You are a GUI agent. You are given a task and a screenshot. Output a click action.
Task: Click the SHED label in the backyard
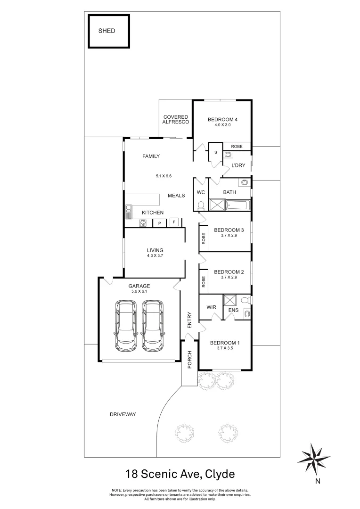(x=106, y=31)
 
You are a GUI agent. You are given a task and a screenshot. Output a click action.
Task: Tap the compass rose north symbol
(x=314, y=459)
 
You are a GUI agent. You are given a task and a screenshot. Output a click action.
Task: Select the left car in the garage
(x=126, y=327)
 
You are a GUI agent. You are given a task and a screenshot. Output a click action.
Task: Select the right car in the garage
(x=153, y=327)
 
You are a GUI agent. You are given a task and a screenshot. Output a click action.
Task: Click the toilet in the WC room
(x=201, y=205)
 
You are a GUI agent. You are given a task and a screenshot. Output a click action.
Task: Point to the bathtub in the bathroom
(x=238, y=205)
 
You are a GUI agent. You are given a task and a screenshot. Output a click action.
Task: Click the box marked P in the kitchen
(x=160, y=223)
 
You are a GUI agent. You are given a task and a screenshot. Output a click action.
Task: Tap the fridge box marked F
(x=174, y=222)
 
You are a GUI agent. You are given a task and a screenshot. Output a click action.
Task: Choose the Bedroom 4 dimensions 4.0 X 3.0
(x=222, y=126)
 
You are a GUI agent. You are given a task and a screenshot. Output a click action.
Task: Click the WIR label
(x=212, y=307)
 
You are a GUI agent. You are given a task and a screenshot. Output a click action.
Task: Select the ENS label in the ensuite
(x=233, y=310)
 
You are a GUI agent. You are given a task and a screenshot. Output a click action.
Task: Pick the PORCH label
(x=189, y=360)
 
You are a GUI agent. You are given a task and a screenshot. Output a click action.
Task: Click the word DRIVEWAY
(x=123, y=414)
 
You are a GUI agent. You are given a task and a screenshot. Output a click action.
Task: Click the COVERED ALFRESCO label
(x=176, y=119)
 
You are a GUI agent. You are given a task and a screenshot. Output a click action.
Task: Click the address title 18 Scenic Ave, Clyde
(x=180, y=473)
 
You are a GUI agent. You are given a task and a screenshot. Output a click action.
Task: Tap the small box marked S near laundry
(x=215, y=152)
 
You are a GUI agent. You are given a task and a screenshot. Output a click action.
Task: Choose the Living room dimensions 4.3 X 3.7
(x=155, y=256)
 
